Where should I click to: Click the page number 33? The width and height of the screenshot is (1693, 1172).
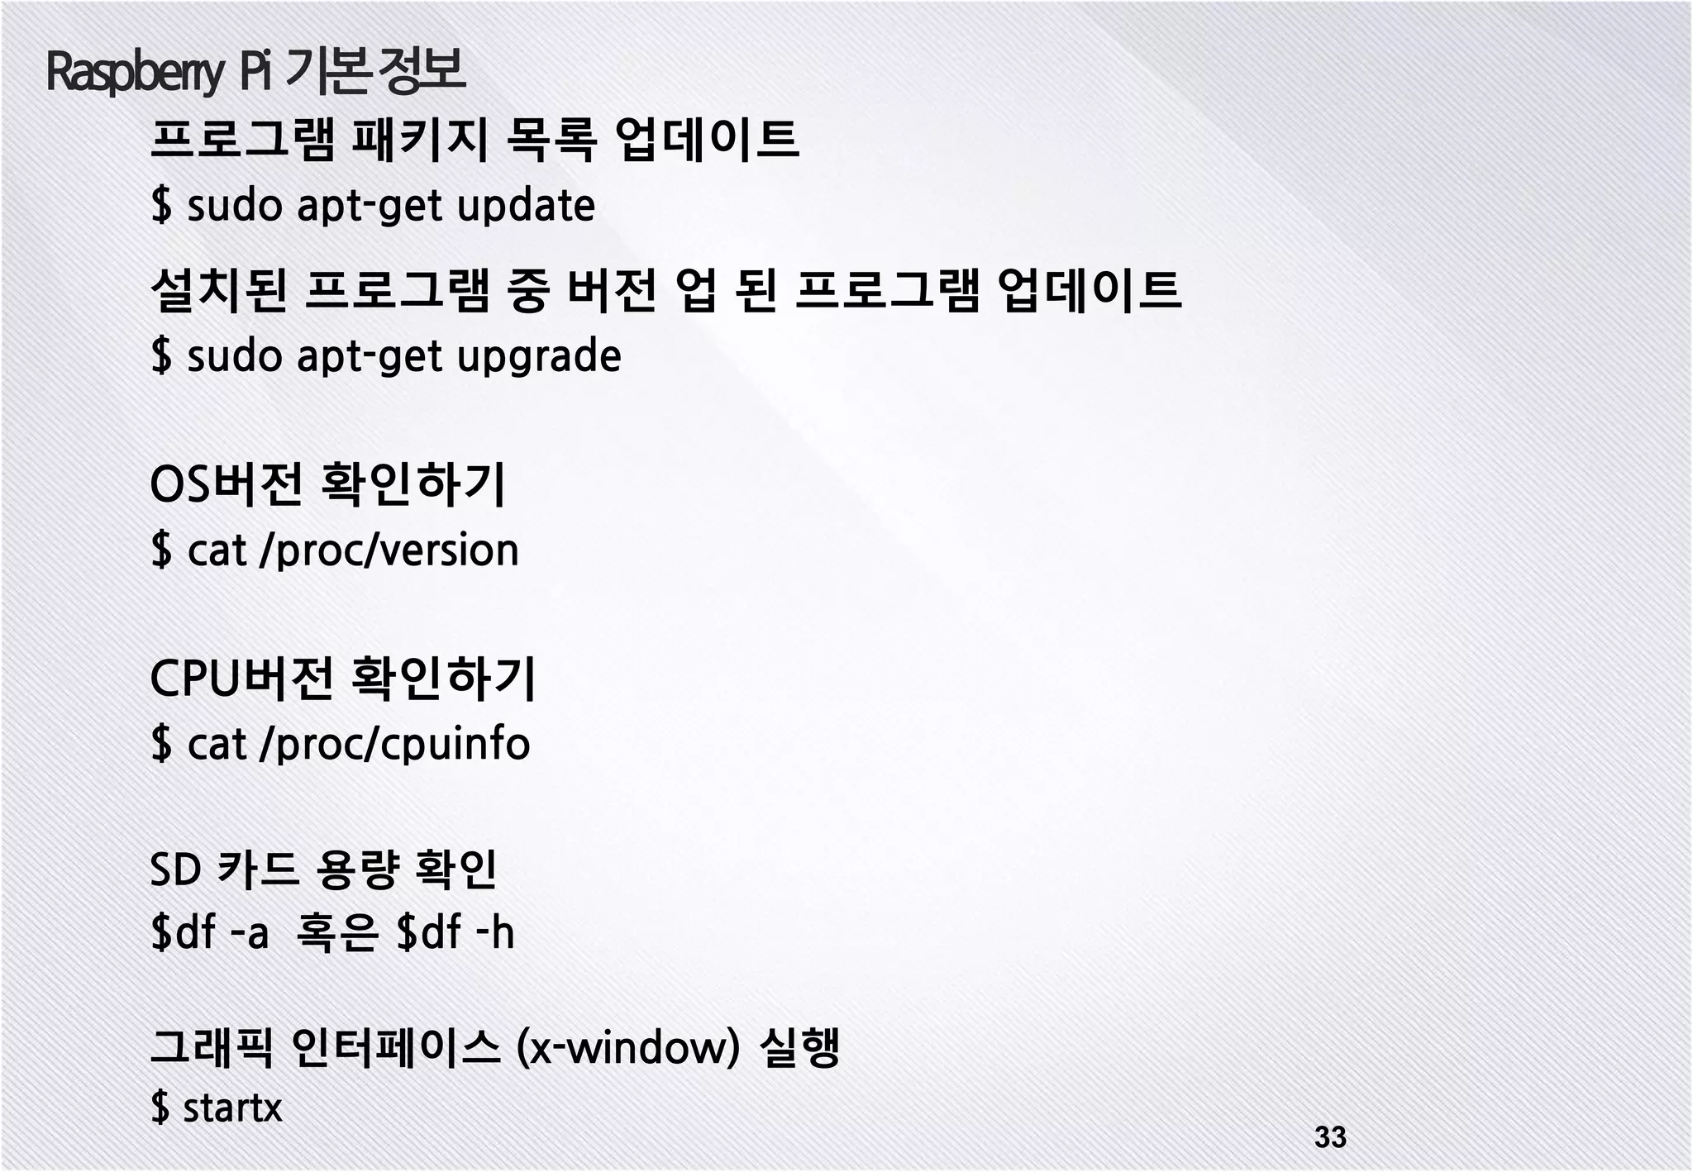click(1330, 1136)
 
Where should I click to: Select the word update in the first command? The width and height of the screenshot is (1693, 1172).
click(526, 206)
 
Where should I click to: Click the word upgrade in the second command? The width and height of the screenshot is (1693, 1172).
click(538, 356)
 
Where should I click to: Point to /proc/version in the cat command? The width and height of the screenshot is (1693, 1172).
click(389, 550)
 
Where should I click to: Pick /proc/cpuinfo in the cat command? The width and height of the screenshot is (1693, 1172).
click(394, 744)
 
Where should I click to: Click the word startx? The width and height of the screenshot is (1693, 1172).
click(232, 1107)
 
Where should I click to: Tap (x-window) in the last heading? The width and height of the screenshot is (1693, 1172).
click(627, 1048)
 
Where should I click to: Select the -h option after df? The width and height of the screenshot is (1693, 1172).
click(495, 932)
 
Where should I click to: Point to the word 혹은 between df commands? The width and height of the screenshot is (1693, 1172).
click(336, 932)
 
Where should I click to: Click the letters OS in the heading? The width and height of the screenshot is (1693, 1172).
click(180, 484)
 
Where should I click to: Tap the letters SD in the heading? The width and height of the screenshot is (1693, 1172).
click(175, 869)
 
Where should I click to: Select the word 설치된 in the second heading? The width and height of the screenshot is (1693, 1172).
click(219, 290)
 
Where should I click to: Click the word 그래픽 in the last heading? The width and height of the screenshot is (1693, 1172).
click(211, 1048)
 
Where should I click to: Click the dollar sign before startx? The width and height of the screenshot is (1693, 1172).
click(161, 1107)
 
